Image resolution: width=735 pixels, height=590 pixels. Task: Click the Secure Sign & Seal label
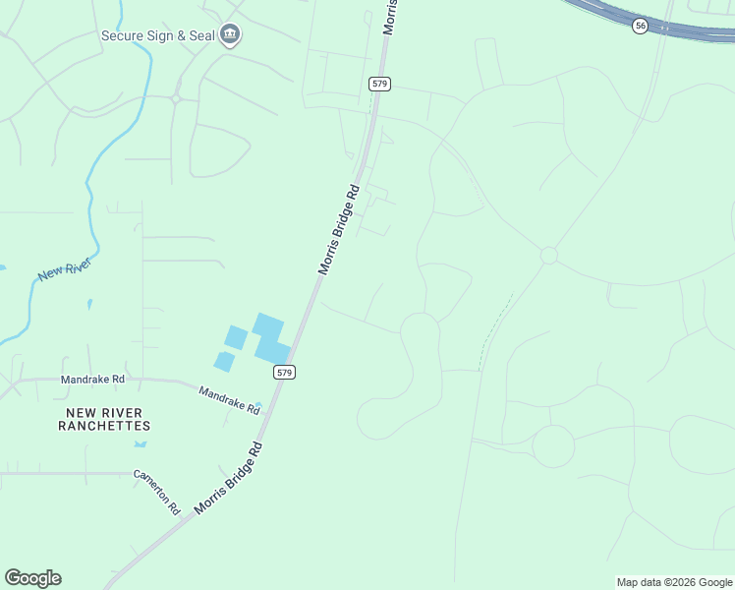pos(158,36)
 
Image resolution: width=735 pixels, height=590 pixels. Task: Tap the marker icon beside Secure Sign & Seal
pos(230,35)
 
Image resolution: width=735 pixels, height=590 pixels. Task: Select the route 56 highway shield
pos(640,27)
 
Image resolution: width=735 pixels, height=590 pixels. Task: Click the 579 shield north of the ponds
pos(380,84)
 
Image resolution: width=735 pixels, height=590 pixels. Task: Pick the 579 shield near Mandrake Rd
pos(283,372)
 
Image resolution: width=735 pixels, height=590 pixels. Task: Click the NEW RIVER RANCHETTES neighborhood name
pos(104,419)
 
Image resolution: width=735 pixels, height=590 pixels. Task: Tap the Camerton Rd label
pos(158,492)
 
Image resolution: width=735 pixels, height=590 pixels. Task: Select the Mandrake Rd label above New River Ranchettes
pos(92,379)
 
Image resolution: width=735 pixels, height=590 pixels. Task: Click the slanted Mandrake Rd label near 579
pos(229,400)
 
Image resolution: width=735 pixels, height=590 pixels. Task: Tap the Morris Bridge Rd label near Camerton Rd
pos(229,479)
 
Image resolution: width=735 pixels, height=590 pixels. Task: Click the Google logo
pos(32,578)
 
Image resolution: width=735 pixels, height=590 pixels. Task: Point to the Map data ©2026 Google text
pos(674,582)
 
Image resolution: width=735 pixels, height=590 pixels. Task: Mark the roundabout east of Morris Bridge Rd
pos(548,256)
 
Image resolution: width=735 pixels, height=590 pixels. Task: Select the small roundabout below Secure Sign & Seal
pos(175,98)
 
